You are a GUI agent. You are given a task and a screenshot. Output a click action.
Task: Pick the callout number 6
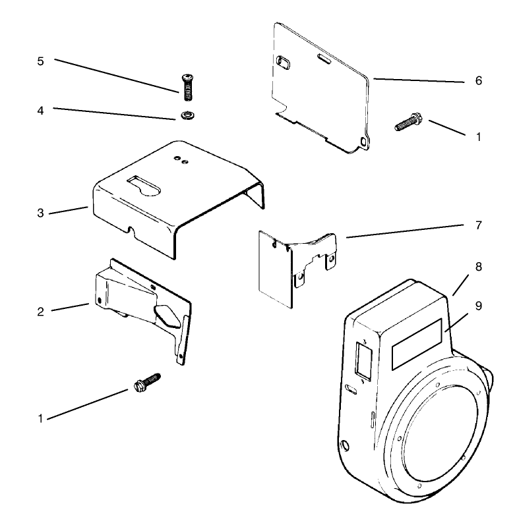(x=478, y=81)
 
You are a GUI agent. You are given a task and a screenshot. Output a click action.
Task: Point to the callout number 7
(x=478, y=225)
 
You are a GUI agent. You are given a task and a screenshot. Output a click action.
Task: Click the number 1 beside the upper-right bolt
(x=478, y=138)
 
